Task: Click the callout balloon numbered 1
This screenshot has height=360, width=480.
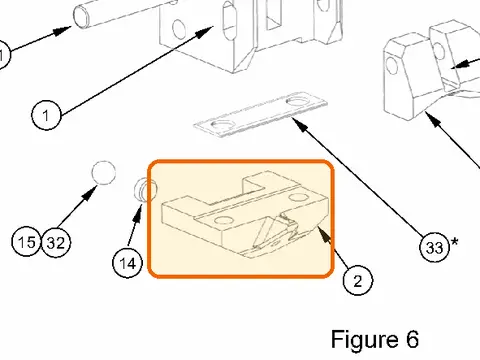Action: (46, 115)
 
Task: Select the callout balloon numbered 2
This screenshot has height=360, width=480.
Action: (358, 281)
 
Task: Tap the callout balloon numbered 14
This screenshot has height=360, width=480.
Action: (128, 263)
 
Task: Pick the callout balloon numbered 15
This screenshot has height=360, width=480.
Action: (27, 242)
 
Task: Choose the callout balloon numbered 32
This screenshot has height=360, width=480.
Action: (56, 243)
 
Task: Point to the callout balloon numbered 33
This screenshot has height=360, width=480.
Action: (434, 247)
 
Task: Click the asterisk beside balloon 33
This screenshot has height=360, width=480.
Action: (454, 242)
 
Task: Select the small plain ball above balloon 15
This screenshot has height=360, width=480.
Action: (104, 172)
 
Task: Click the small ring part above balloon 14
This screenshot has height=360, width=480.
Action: (146, 190)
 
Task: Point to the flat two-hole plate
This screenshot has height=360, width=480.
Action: (261, 114)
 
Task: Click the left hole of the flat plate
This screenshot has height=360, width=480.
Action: (221, 125)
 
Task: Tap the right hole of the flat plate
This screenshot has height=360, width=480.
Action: (298, 100)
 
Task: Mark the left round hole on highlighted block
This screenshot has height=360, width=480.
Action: (223, 220)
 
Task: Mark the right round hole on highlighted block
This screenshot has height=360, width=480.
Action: (298, 198)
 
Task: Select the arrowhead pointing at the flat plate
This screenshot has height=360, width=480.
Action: (299, 124)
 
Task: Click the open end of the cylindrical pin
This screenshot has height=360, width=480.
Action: (81, 18)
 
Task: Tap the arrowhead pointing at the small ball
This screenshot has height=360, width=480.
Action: (89, 193)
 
